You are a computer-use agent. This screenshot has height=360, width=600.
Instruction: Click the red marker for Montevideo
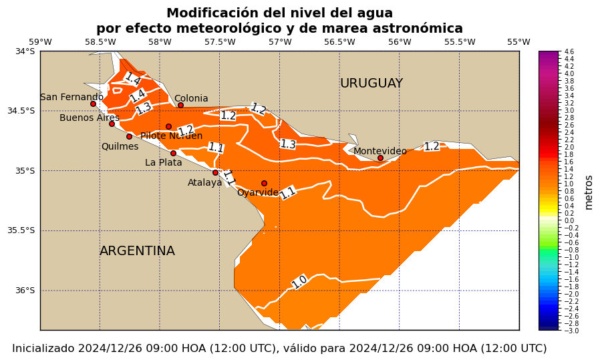tap(380, 158)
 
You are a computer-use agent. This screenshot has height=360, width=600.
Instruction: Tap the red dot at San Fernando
tap(93, 104)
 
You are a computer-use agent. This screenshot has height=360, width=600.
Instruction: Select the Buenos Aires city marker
tap(112, 124)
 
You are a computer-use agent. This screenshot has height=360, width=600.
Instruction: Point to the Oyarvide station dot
tap(264, 183)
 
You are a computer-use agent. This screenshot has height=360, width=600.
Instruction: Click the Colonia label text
tap(191, 99)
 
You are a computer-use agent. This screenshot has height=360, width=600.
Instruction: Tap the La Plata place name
tap(164, 162)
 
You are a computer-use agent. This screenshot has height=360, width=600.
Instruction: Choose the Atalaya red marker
tap(215, 172)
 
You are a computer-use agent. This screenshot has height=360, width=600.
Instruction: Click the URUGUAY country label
tap(371, 83)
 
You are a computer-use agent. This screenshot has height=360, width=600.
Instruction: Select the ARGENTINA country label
tap(137, 251)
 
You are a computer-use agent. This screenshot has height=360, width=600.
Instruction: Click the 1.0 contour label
tap(299, 282)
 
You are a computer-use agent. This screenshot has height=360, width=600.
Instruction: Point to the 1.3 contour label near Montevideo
tap(288, 144)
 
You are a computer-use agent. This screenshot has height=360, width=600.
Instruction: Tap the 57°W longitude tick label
tap(279, 42)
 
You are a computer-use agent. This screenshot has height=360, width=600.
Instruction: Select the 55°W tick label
tap(518, 42)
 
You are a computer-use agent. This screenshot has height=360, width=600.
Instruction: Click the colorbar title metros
tap(589, 192)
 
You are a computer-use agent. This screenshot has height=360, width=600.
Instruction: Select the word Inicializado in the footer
tap(43, 349)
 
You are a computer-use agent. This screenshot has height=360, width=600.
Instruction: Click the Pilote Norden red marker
tap(168, 126)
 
